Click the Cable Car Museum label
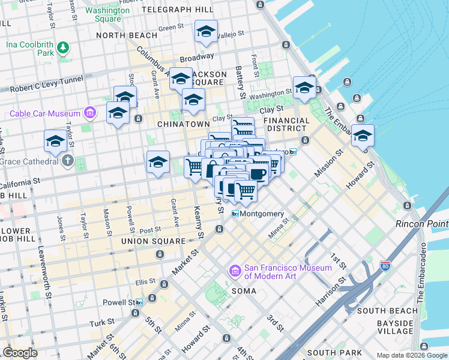(44, 113)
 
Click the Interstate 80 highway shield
(385, 264)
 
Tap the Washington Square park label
(107, 14)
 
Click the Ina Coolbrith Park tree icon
(62, 46)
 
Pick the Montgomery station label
(262, 214)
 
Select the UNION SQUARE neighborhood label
(153, 241)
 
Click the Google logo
(20, 353)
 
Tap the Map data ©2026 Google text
(411, 355)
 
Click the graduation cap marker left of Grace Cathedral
(55, 142)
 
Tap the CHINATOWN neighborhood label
(182, 124)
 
